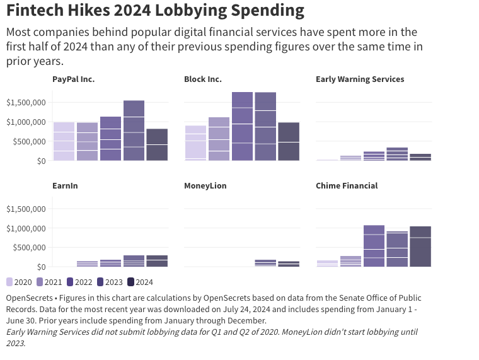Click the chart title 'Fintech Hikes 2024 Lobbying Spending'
[x=155, y=11]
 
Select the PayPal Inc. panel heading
[x=73, y=79]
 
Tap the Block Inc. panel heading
[x=203, y=79]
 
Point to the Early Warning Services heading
[x=360, y=79]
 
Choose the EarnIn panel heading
[x=65, y=186]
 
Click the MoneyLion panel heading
[x=205, y=186]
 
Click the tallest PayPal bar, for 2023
[x=134, y=131]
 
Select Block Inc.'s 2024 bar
[x=289, y=141]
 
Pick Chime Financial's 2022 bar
[x=374, y=246]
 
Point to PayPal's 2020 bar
[x=64, y=141]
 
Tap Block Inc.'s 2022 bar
[x=242, y=126]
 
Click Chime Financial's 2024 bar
[x=420, y=247]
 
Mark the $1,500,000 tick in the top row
[x=26, y=102]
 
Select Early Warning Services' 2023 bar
[x=397, y=154]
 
